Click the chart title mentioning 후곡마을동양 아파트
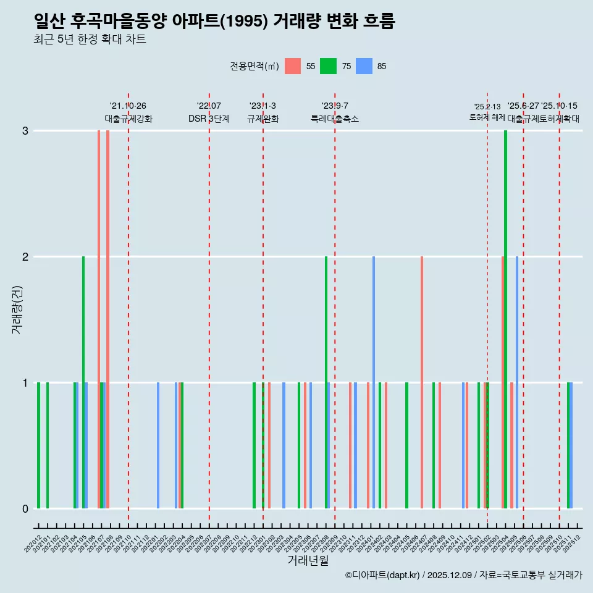tap(214, 22)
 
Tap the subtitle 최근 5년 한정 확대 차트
tap(90, 40)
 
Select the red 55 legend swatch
tap(293, 66)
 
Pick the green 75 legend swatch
tap(328, 66)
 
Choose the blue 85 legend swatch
tap(364, 66)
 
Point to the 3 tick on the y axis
tap(25, 130)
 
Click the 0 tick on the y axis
tap(25, 508)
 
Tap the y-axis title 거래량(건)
tap(17, 309)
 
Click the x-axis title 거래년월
tap(308, 561)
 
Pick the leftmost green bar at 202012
tap(38, 445)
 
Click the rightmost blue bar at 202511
tap(571, 445)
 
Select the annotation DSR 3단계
tap(209, 119)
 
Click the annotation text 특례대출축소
tap(334, 119)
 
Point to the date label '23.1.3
tap(263, 106)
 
